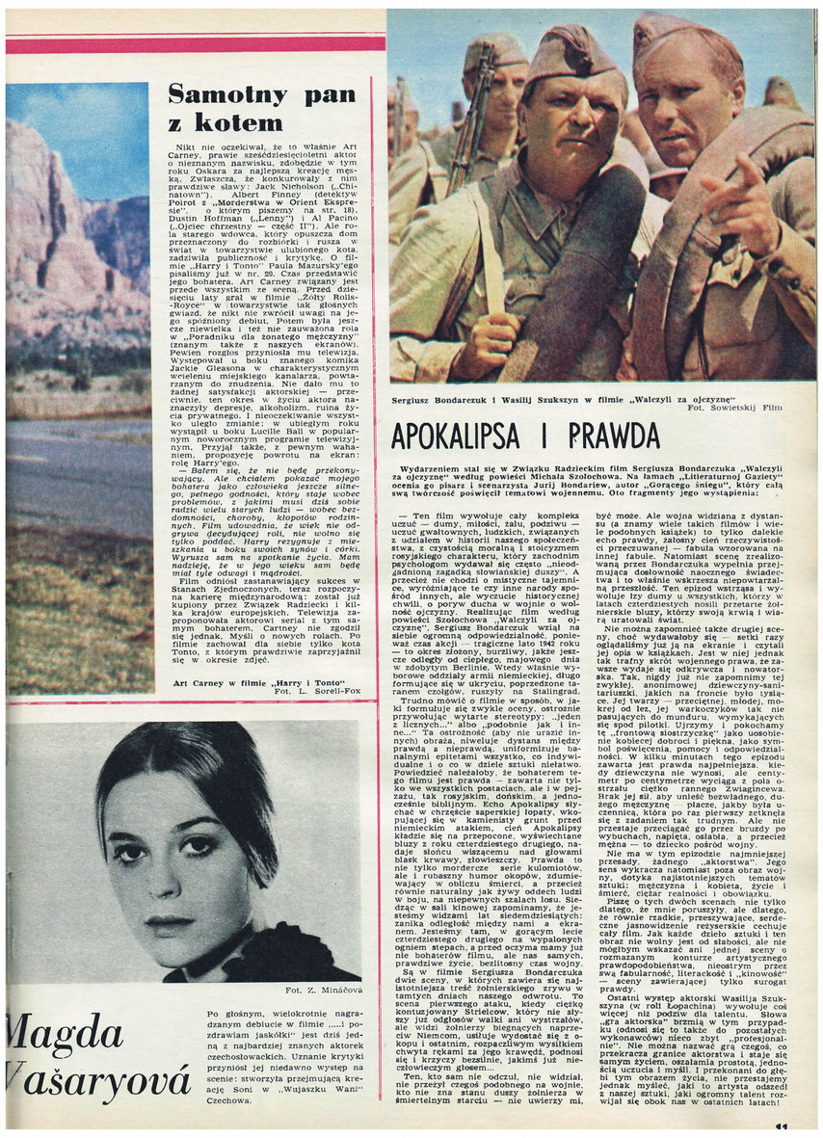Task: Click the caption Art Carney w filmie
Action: coord(252,681)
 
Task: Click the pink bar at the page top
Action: coord(193,44)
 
